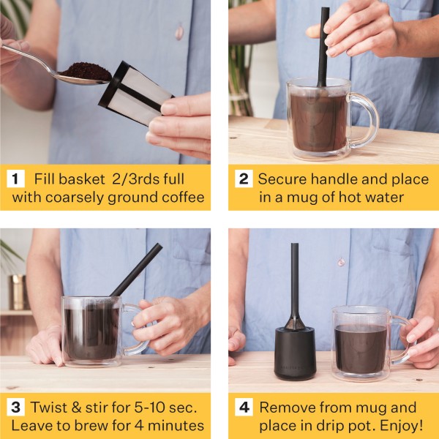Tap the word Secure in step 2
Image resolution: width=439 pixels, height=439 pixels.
point(286,179)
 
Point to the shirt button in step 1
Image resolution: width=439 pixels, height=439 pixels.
point(179,31)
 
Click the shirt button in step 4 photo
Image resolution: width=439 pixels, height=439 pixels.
point(340,262)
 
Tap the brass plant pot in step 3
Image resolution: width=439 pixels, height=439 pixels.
point(18,292)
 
